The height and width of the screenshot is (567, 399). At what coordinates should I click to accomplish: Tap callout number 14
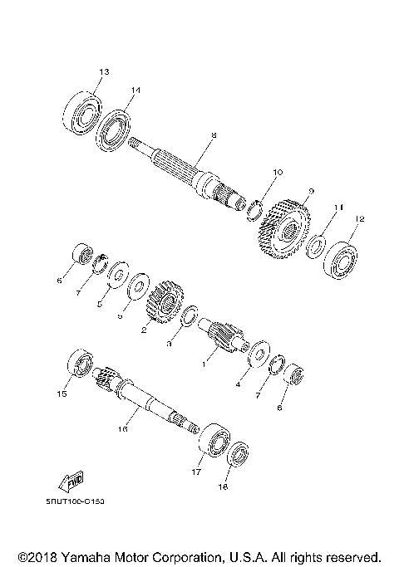click(135, 90)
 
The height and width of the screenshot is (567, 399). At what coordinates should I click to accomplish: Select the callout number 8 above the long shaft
click(214, 135)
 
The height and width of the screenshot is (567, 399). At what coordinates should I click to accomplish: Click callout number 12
click(359, 219)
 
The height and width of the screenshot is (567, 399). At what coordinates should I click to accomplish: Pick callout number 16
click(122, 429)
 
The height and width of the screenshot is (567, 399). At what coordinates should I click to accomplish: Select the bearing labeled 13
click(82, 110)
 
